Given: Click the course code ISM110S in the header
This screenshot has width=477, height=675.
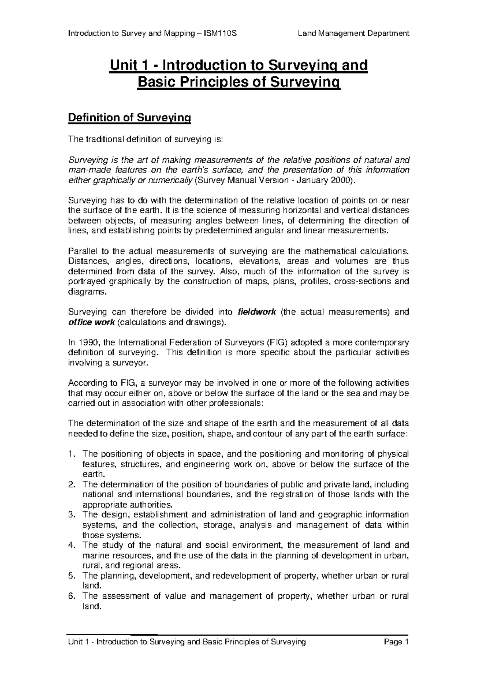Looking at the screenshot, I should [220, 33].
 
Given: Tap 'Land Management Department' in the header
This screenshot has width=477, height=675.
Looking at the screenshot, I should [353, 33].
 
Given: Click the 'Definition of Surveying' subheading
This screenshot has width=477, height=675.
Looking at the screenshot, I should [130, 118].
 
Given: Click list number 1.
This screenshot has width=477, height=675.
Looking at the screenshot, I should [71, 454].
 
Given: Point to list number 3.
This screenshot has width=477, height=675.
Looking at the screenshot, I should [71, 515].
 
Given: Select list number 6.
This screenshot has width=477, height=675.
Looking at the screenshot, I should [71, 596].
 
